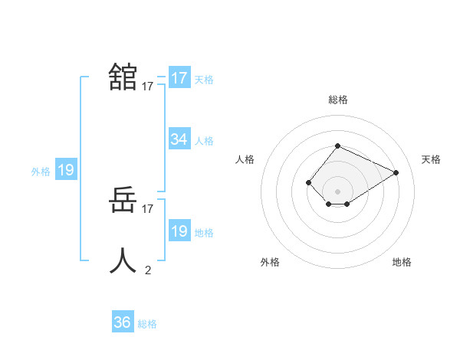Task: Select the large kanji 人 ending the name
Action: (123, 260)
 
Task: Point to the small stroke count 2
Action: (148, 270)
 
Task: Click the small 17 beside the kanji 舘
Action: (148, 87)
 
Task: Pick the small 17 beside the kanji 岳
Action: (148, 208)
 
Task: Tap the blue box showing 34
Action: (179, 139)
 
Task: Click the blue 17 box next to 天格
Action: (179, 78)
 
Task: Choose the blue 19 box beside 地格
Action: (179, 231)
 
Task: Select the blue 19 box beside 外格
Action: (66, 170)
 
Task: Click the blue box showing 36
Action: (123, 322)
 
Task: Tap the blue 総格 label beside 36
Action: (147, 324)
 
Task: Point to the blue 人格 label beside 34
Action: (204, 141)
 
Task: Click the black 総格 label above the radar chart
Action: (337, 100)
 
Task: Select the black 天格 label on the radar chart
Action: (431, 159)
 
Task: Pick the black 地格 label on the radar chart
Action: (402, 262)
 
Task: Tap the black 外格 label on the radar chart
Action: (270, 262)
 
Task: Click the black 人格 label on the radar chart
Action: (245, 159)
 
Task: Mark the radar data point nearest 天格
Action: (396, 172)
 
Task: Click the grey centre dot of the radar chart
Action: (337, 191)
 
